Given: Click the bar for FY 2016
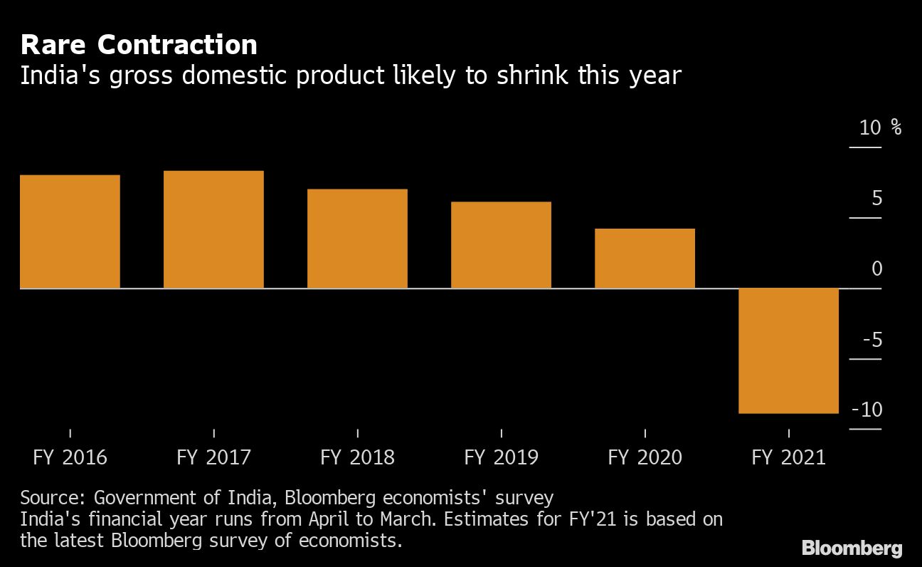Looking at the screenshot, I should point(70,232).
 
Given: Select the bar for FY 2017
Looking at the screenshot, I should point(213,229).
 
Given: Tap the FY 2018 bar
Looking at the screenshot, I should point(357,239).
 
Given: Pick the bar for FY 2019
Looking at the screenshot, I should point(501,245).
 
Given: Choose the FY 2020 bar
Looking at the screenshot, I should point(645,259).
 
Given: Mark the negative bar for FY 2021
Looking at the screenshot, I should point(788,350).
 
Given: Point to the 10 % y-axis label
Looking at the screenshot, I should point(879,128).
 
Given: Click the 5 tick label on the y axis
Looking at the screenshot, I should point(876,198).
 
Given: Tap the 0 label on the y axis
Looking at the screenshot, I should point(876,269).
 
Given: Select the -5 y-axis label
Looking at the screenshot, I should point(871,340).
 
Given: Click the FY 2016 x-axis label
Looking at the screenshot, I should point(70,457).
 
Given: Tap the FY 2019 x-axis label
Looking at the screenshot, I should point(501,457).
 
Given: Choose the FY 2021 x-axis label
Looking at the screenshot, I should point(788,457).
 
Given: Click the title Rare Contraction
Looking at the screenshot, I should point(139,46).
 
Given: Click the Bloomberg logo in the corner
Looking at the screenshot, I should point(852,548).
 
